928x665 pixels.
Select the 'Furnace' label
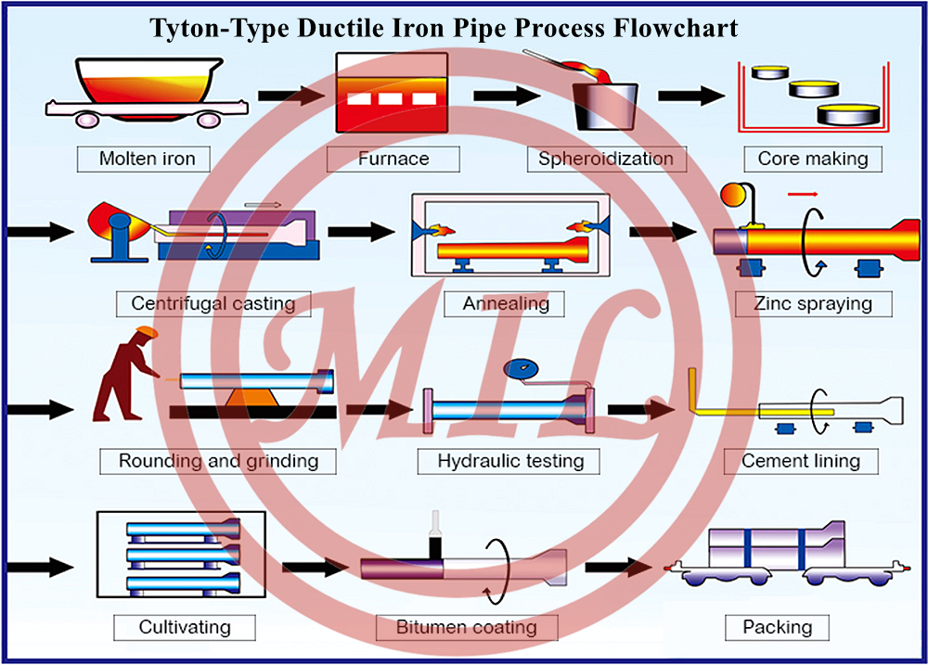point(393,159)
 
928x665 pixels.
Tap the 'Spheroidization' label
point(606,159)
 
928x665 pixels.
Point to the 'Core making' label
point(812,159)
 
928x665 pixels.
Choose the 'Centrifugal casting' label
point(213,303)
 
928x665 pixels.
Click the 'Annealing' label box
point(506,303)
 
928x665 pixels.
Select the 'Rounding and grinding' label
point(218,461)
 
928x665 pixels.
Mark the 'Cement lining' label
point(801,461)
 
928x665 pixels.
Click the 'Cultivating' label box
point(185,628)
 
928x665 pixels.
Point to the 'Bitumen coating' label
point(467,628)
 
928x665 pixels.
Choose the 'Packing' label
point(778,628)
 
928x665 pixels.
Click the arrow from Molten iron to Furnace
point(288,95)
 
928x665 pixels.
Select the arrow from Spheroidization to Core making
point(690,95)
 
